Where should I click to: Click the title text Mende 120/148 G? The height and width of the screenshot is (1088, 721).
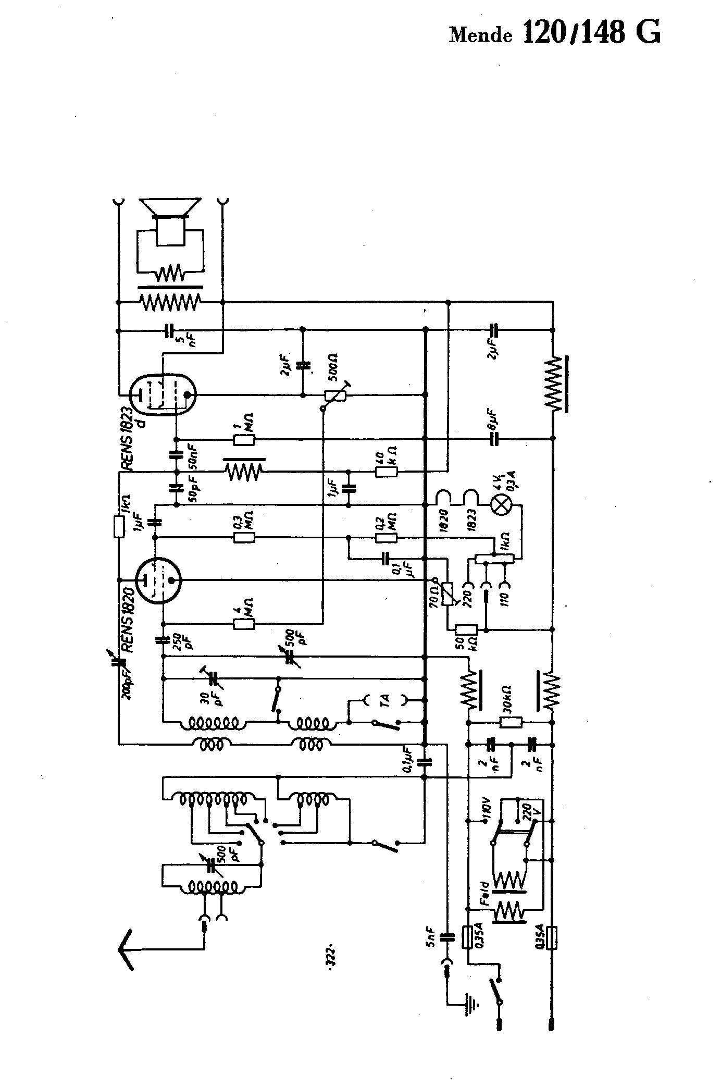(555, 33)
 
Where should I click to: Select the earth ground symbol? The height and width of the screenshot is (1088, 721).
(472, 1000)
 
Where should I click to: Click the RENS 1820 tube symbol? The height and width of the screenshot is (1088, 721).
(158, 580)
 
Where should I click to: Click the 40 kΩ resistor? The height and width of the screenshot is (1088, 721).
(387, 472)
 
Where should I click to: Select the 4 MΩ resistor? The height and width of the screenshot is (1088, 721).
(244, 623)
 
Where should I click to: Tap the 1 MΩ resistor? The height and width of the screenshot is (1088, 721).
(244, 440)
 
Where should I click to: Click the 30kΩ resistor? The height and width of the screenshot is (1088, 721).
(511, 722)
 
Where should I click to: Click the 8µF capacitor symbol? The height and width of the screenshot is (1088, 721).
(494, 439)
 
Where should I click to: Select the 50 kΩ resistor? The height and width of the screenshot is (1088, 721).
(466, 629)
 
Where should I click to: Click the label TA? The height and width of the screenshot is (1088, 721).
(385, 701)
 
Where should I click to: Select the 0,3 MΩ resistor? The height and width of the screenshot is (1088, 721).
(244, 537)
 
